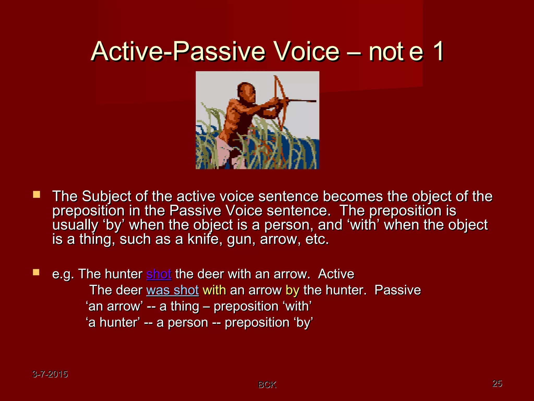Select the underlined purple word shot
click(x=159, y=274)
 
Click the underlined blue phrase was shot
click(x=172, y=290)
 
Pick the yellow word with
click(x=214, y=290)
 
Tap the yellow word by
click(x=292, y=290)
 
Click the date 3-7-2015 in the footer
click(x=50, y=374)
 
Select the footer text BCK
click(x=267, y=385)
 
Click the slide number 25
click(x=497, y=383)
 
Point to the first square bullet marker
click(x=37, y=194)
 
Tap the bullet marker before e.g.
click(x=36, y=273)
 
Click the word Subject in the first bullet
click(x=106, y=196)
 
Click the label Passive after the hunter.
click(x=397, y=290)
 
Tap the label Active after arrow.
click(x=336, y=274)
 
